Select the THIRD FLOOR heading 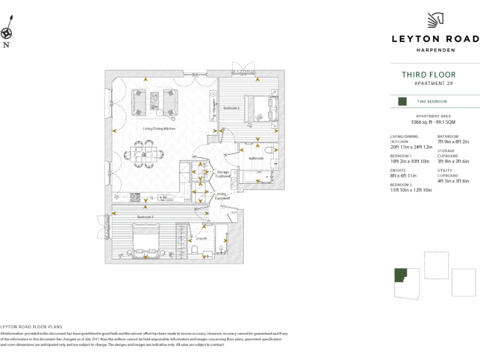(x=428, y=75)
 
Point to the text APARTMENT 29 (x=434, y=84)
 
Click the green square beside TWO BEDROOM (x=402, y=101)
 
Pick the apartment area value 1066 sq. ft (x=433, y=122)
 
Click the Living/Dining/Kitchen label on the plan (x=159, y=129)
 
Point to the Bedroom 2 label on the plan (x=231, y=108)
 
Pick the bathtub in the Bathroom (x=257, y=177)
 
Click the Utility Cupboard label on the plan (x=222, y=196)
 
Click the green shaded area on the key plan (x=400, y=276)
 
